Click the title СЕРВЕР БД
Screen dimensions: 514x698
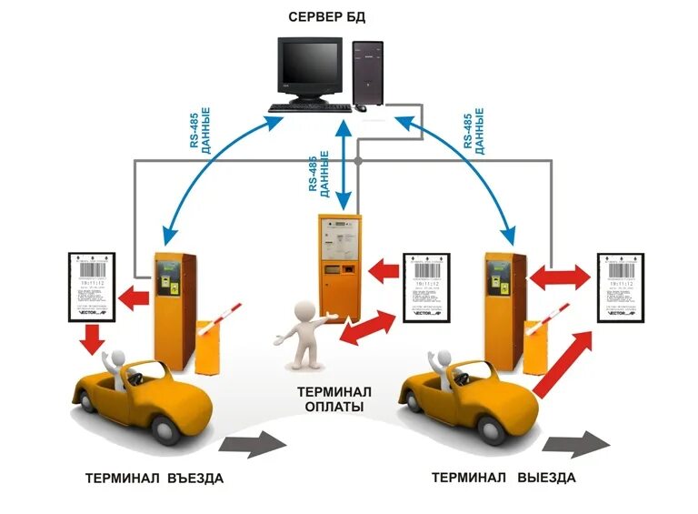[x=326, y=16]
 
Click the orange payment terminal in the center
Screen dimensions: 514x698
[x=339, y=264]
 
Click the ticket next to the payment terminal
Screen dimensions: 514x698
[x=426, y=286]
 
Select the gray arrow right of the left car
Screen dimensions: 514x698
[x=253, y=444]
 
